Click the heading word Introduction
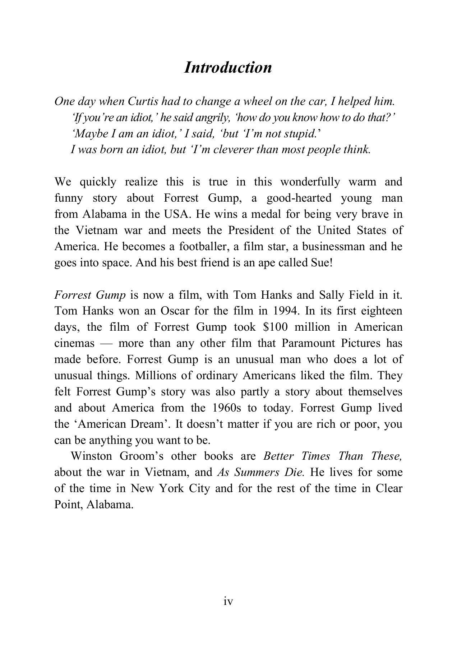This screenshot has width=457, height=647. pyautogui.click(x=228, y=68)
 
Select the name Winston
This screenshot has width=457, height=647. pyautogui.click(x=91, y=456)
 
